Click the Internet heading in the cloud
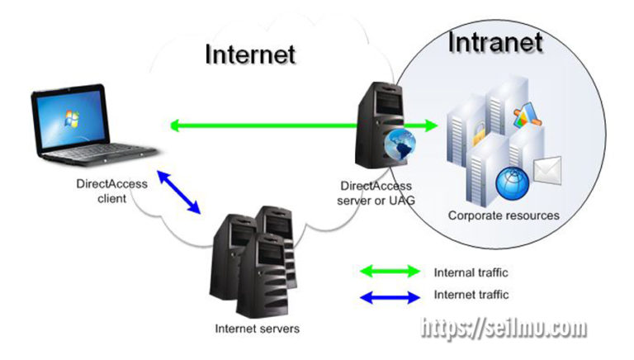pyautogui.click(x=249, y=54)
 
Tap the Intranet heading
pyautogui.click(x=494, y=42)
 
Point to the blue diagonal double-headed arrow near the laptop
pyautogui.click(x=181, y=192)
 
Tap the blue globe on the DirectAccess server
pyautogui.click(x=400, y=147)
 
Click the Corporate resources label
pyautogui.click(x=504, y=216)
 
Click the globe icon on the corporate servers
pyautogui.click(x=511, y=181)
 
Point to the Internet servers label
pyautogui.click(x=257, y=329)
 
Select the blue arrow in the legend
pyautogui.click(x=390, y=294)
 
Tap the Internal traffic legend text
pyautogui.click(x=471, y=272)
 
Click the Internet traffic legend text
pyautogui.click(x=471, y=294)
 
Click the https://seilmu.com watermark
pyautogui.click(x=504, y=329)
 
